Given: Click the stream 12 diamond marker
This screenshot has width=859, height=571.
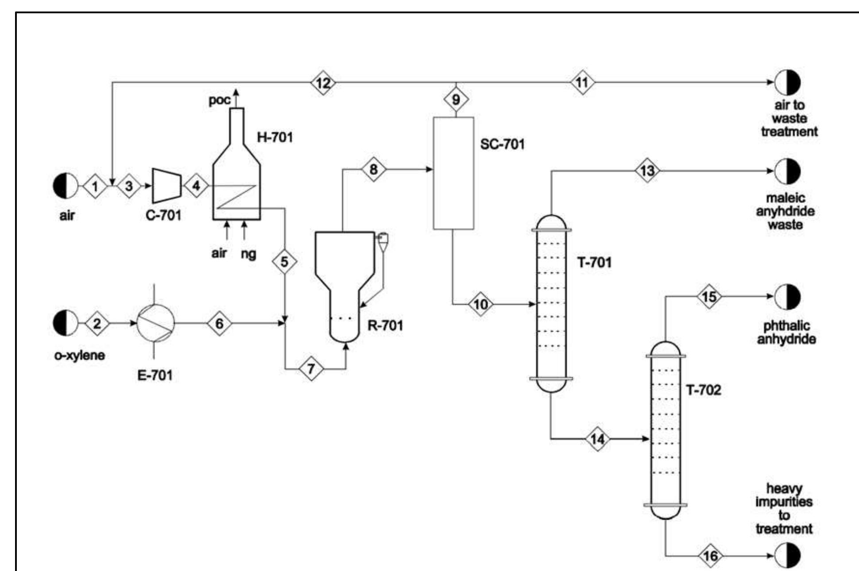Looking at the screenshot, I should [323, 83].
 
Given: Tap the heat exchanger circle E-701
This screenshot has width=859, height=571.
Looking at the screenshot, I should [155, 323].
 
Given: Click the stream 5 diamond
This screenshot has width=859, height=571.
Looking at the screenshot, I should [284, 262].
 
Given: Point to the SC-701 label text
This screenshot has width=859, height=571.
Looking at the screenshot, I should [502, 144].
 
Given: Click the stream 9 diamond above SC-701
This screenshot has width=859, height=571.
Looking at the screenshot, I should [456, 100].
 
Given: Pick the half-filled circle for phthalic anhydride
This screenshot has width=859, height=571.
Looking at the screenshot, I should [788, 297].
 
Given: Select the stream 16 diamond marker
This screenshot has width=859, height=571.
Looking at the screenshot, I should [710, 556].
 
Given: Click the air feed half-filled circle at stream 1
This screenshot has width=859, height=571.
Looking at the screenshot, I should [66, 186].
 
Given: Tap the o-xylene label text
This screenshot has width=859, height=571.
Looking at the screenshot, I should [80, 355].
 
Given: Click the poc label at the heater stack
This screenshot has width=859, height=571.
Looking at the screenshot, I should [220, 100].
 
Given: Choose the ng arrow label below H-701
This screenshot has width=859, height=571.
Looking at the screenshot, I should [248, 254].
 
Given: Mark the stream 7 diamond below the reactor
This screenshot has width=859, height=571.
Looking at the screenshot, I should [311, 369].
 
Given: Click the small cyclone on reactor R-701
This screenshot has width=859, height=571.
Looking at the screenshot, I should [383, 242].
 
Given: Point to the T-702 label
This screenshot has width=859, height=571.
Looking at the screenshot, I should [703, 390].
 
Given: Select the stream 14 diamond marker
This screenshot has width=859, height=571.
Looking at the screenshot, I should [597, 439].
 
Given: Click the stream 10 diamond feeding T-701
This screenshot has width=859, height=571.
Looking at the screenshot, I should [480, 304].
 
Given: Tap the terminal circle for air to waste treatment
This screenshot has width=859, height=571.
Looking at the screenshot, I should [788, 82].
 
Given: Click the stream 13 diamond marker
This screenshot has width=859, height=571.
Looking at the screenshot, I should [647, 171].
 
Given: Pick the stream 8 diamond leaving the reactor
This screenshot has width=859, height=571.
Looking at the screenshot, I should [374, 169].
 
